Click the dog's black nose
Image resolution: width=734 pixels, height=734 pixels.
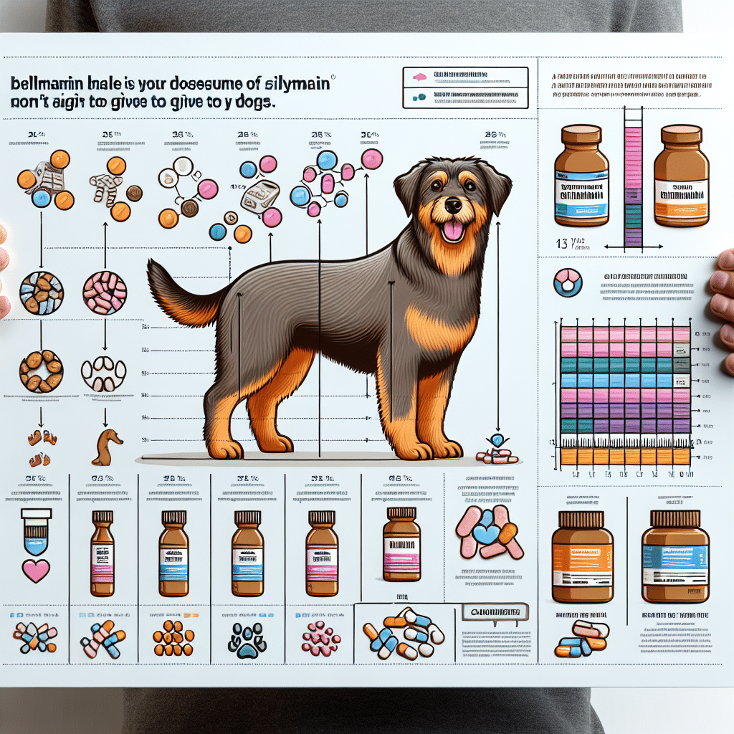tap(453, 206)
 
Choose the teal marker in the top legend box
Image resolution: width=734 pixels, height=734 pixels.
tap(417, 97)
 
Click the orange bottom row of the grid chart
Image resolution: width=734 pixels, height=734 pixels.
tap(624, 457)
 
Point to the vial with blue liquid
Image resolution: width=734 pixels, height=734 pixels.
tap(34, 533)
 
